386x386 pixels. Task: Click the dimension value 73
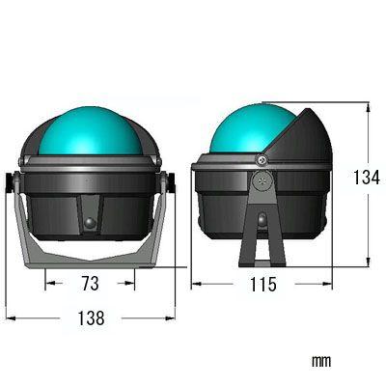(90, 284)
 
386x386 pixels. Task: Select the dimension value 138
(92, 318)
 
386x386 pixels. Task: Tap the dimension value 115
(263, 284)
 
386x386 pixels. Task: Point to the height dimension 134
(367, 177)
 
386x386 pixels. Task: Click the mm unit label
(321, 362)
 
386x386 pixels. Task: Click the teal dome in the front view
(90, 131)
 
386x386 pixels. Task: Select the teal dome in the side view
(253, 128)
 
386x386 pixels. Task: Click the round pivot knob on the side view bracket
(263, 180)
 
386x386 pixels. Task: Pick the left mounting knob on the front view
(12, 182)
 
